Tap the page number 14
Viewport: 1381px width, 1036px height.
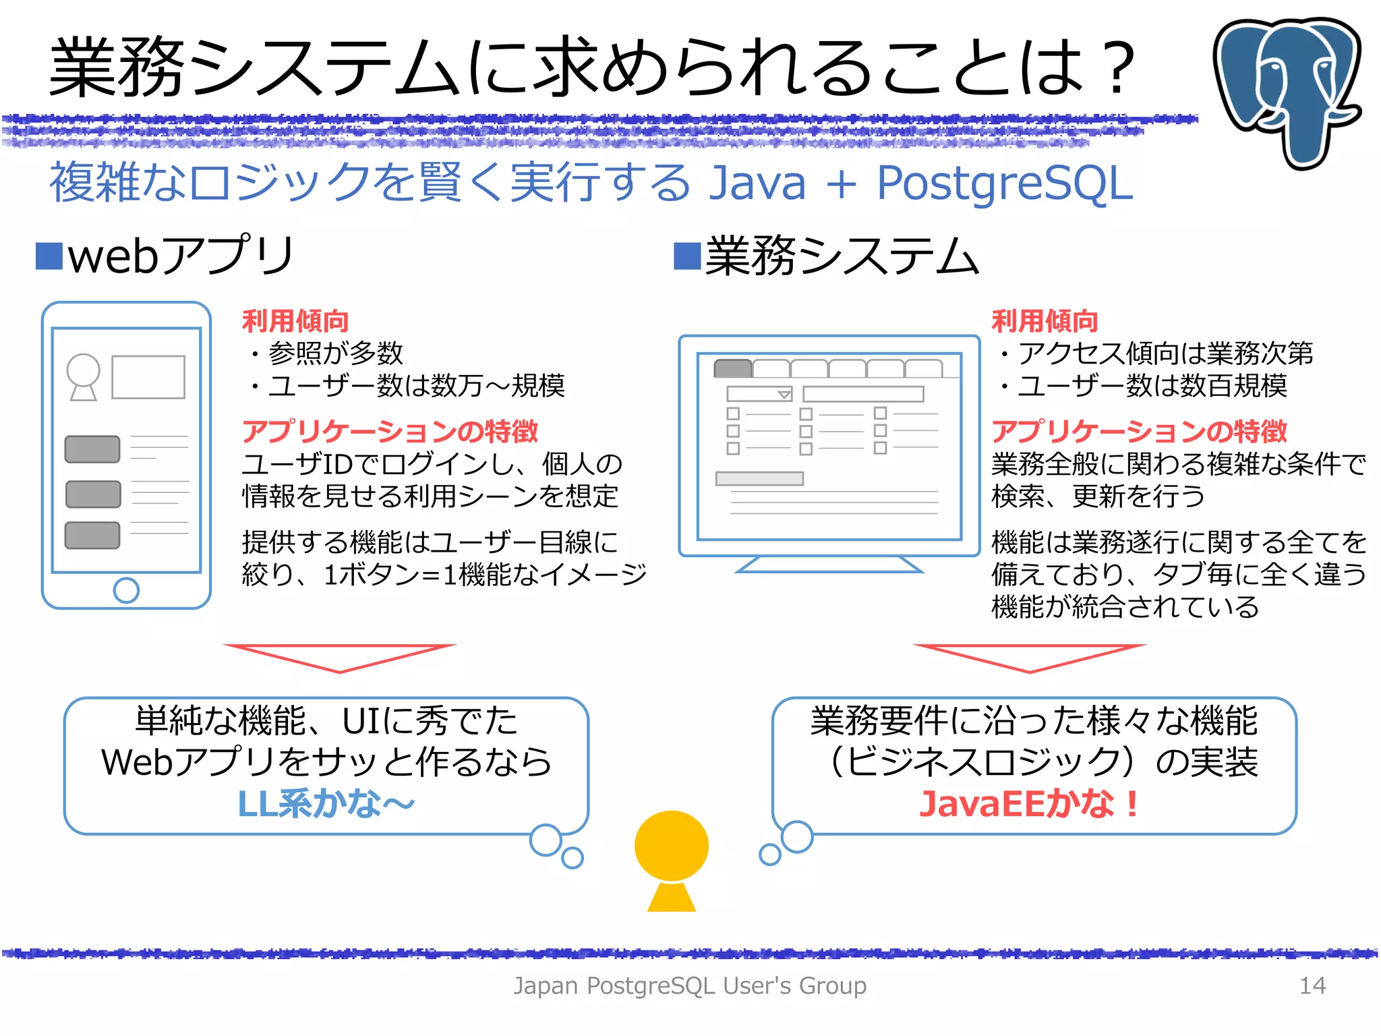click(1312, 986)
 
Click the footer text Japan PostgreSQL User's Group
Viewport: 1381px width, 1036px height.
click(690, 986)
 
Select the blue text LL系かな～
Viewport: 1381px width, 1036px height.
click(326, 804)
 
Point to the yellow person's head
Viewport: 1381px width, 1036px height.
click(671, 846)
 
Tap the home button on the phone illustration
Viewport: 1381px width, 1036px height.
click(126, 590)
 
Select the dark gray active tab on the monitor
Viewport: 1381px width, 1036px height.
click(733, 368)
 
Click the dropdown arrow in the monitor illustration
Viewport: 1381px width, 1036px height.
click(784, 395)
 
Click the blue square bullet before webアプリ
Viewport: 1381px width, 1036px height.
click(49, 256)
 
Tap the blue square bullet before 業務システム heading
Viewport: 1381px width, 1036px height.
click(687, 256)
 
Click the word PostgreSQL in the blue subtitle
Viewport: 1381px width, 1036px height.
click(1005, 183)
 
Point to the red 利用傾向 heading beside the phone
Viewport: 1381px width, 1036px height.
click(295, 321)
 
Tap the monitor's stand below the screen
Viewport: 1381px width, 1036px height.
click(829, 565)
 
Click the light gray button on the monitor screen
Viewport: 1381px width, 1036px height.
click(759, 478)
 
